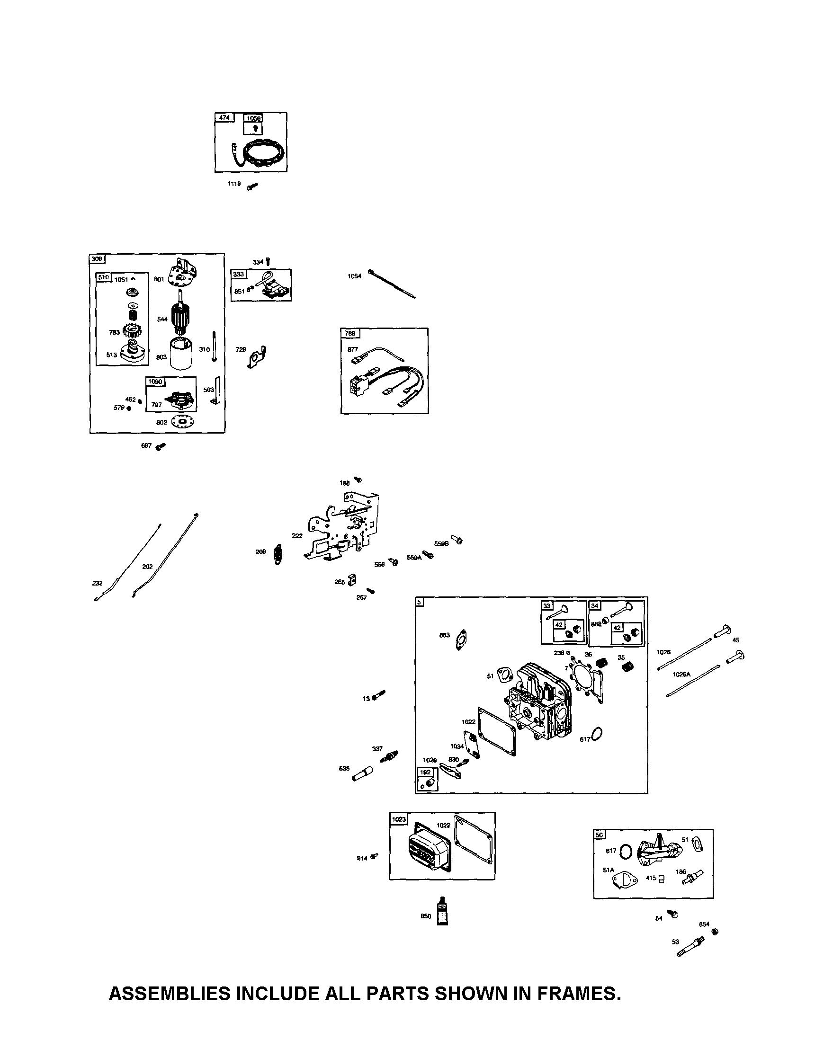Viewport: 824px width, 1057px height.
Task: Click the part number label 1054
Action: click(354, 276)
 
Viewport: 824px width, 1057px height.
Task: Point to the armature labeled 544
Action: click(182, 317)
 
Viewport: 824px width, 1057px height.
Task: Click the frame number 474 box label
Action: click(224, 117)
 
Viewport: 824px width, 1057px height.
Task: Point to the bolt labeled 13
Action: click(378, 696)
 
